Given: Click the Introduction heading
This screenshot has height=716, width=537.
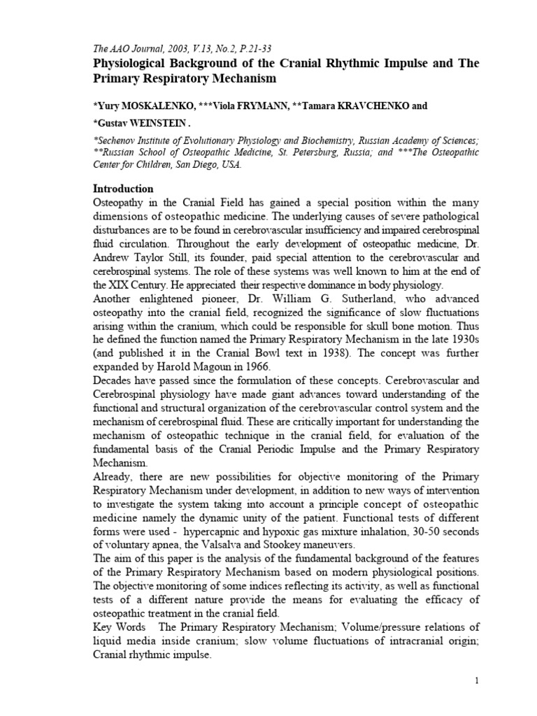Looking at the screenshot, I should (124, 189).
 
